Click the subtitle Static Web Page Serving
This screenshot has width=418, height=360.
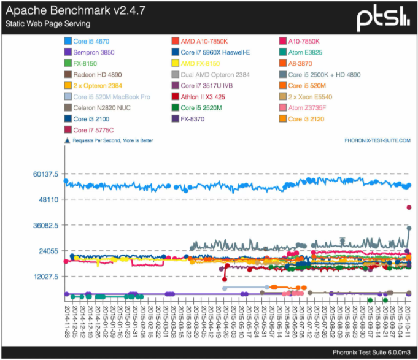click(x=48, y=24)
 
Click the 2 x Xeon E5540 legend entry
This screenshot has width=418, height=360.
click(x=313, y=97)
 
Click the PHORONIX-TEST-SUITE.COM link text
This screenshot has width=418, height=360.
click(x=377, y=140)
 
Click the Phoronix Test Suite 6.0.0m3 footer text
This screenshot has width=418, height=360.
click(x=371, y=352)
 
